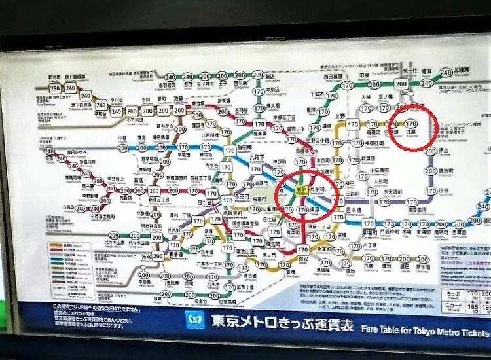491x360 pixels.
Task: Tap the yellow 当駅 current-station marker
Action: coord(301,189)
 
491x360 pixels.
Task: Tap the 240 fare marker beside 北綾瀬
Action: coord(446,73)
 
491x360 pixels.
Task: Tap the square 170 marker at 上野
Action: coord(353,123)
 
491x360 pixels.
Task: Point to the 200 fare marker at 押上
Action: coord(431,151)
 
